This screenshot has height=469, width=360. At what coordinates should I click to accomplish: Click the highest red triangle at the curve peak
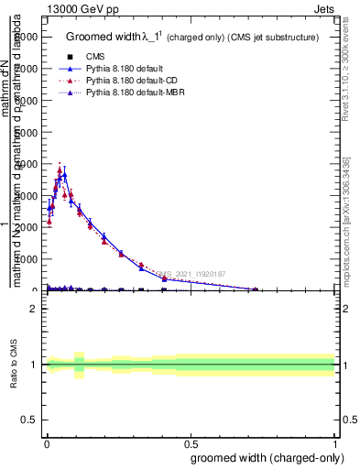tap(60, 169)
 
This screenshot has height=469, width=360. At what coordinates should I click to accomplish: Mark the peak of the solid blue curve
tap(64, 174)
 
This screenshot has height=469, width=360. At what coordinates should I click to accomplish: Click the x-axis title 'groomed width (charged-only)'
tap(264, 457)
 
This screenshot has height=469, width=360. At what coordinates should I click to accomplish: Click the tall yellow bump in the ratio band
tap(79, 364)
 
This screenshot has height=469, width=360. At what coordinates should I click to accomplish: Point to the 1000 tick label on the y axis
tap(30, 259)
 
